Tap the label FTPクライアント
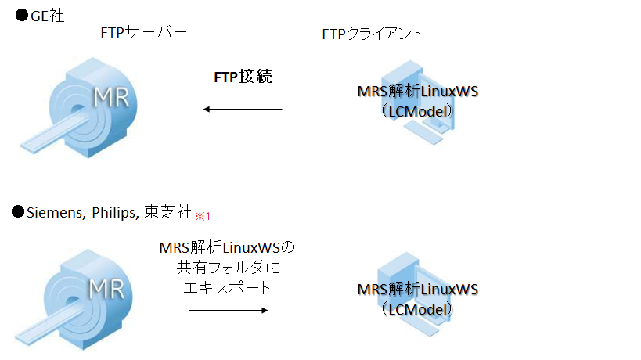373,34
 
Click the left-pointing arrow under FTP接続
243,109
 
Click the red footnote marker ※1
203,214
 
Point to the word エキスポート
226,287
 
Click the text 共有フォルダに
226,268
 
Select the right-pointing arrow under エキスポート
229,310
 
